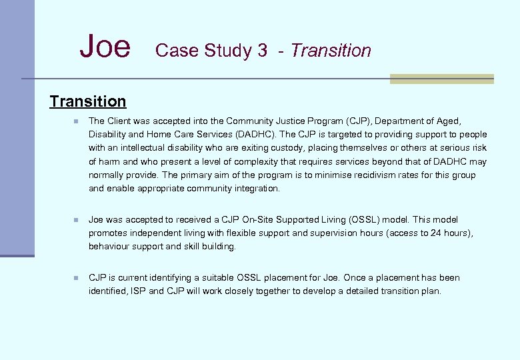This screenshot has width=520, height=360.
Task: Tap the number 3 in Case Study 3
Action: tap(261, 51)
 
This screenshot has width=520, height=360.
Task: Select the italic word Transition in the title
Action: tap(331, 51)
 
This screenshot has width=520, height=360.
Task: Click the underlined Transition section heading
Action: tap(87, 101)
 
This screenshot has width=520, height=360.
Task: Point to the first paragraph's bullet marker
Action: tap(77, 121)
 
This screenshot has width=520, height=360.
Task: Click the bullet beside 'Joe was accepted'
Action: tap(77, 219)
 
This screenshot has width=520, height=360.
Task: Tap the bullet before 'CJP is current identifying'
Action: tap(77, 277)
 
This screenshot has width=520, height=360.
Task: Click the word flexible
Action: tap(245, 233)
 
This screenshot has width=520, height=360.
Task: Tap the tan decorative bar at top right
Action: tap(441, 79)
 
